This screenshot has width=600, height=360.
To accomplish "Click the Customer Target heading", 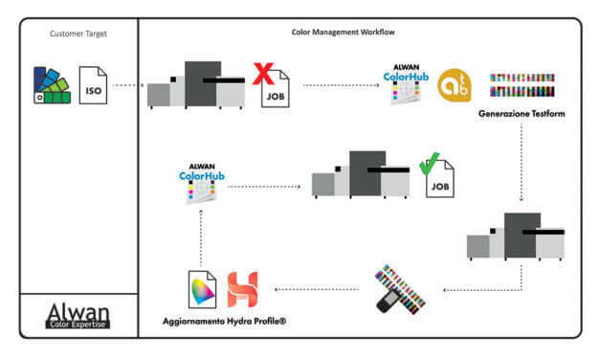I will [x=79, y=34].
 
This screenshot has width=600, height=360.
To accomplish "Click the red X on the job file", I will [x=262, y=74].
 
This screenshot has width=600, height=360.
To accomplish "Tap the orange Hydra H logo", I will [x=242, y=289].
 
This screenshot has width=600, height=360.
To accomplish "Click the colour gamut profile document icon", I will [x=203, y=289].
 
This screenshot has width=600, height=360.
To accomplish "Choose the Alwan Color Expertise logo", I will [x=78, y=316].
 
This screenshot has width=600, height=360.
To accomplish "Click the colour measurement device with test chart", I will [x=394, y=291].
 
